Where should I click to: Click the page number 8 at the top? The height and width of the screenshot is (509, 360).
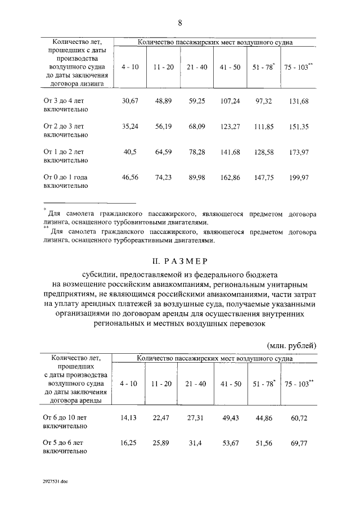180,23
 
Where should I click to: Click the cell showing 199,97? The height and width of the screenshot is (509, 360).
298,177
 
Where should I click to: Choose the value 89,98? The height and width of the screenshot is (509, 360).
197,177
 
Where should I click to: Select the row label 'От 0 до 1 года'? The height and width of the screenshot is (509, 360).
69,177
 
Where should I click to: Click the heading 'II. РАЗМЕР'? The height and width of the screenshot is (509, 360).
180,261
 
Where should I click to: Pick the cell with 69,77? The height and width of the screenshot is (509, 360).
299,444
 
